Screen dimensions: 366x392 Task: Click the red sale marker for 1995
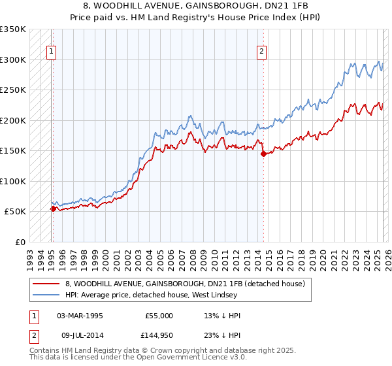coord(53,208)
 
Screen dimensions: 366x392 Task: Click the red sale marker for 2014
coord(263,154)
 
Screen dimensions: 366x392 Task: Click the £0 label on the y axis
coord(20,242)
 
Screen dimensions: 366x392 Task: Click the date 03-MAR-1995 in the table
coord(80,316)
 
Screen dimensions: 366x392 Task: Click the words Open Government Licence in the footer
coord(176,359)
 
